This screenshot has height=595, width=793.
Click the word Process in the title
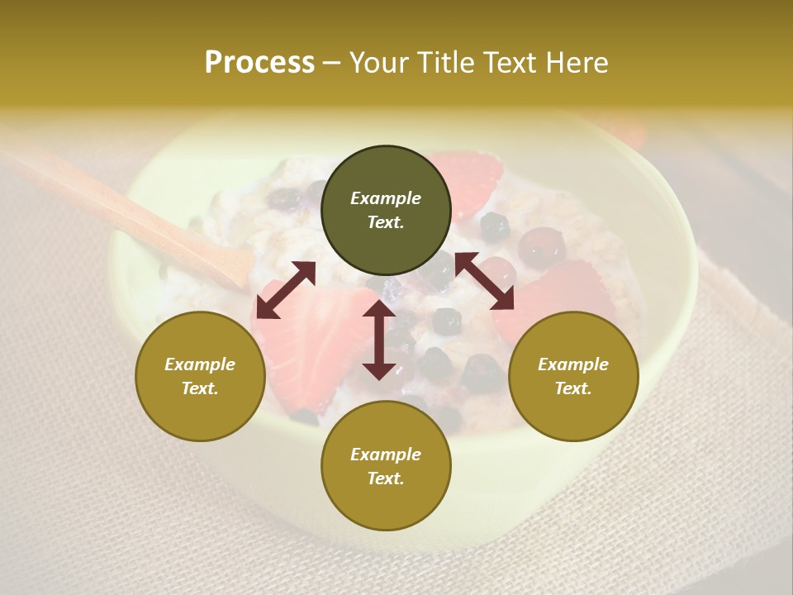coord(259,63)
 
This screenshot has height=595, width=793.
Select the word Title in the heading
coord(453,63)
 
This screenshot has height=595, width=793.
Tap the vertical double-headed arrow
coord(379,340)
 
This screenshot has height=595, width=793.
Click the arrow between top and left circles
coord(286,290)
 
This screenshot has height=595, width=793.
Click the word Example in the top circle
coord(386,198)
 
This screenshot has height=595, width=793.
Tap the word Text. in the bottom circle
coord(386,478)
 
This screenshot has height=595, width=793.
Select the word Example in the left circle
coord(200,364)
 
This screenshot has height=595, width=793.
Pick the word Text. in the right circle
coord(573,388)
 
